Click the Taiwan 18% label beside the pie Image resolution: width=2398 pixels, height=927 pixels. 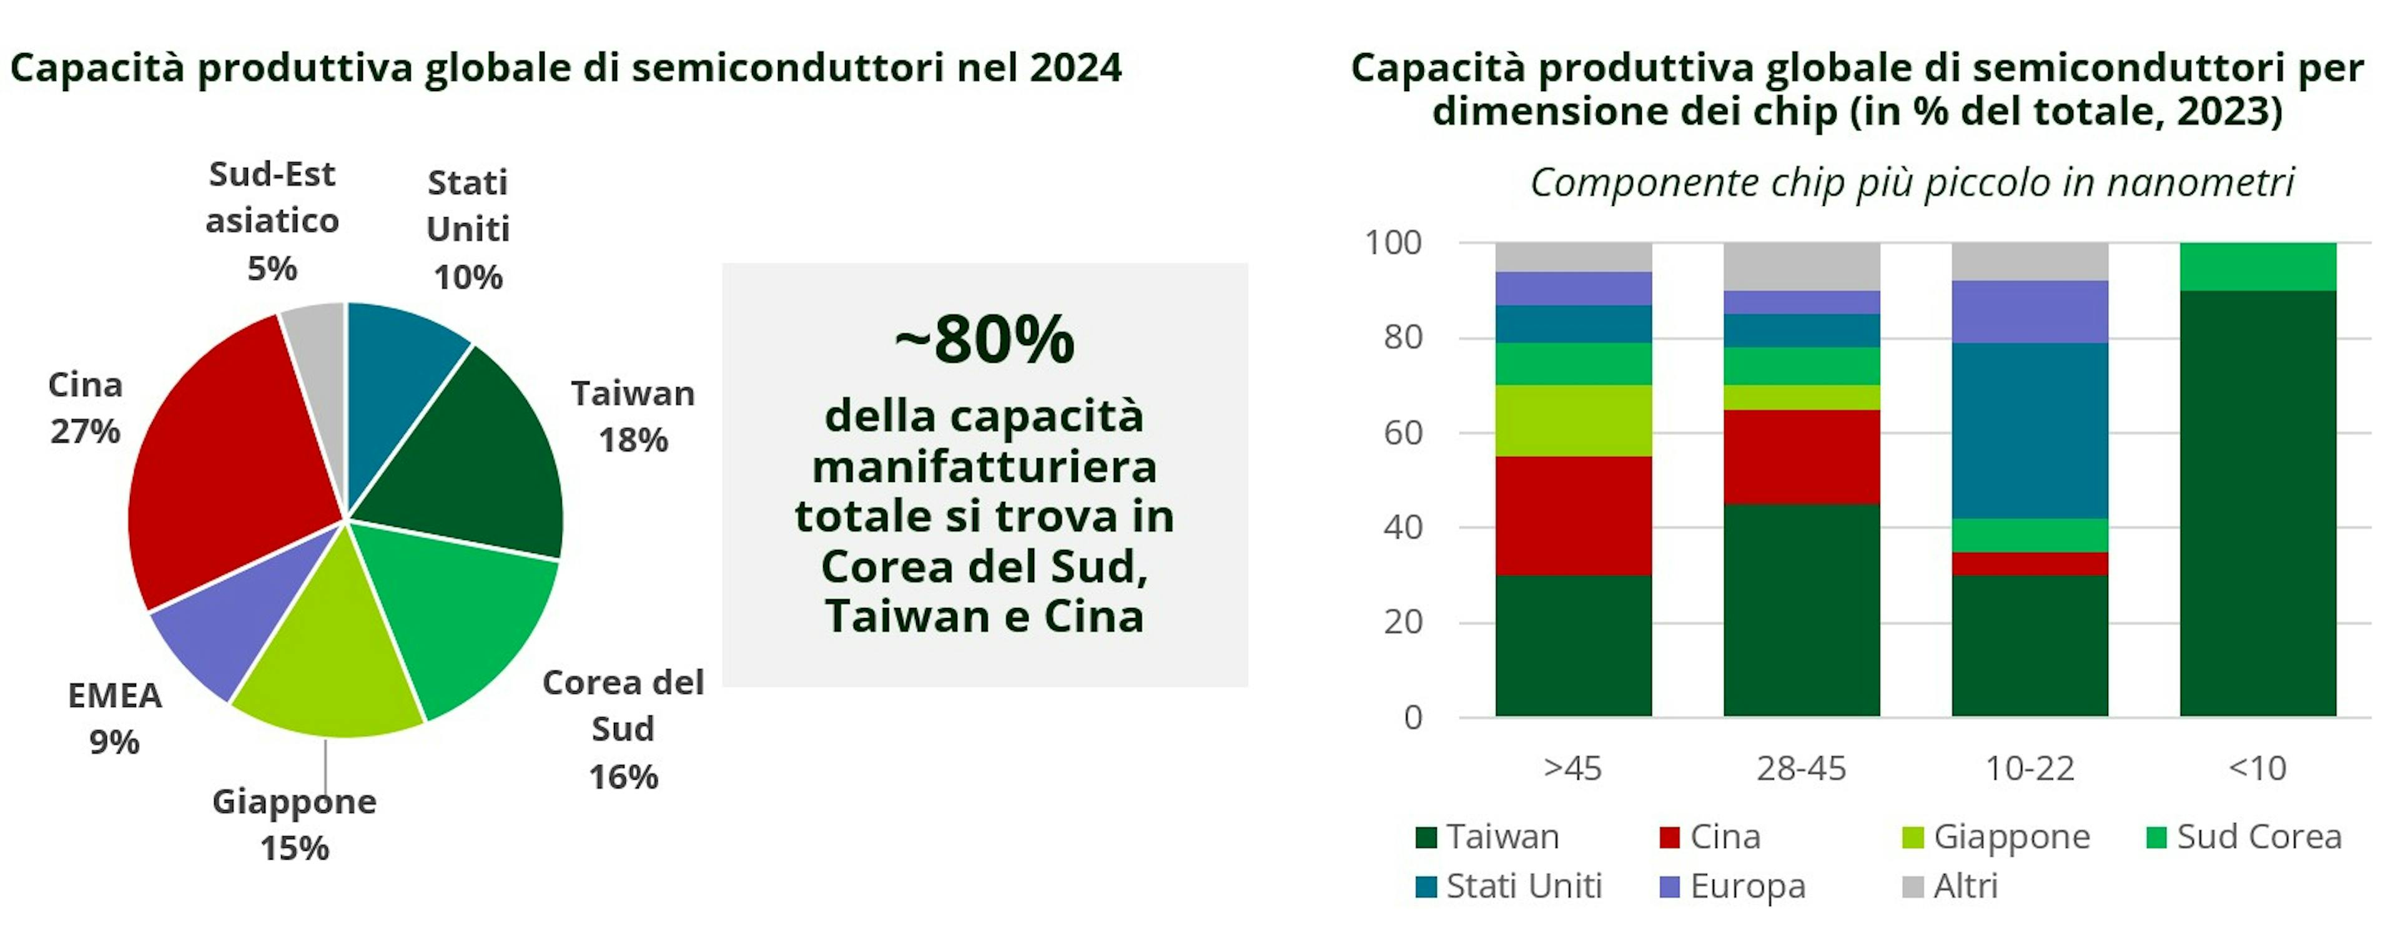click(x=633, y=416)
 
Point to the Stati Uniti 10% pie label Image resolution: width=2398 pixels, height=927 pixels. click(x=467, y=229)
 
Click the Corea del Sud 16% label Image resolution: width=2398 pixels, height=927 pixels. click(x=623, y=728)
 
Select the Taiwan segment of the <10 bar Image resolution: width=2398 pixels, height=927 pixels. click(x=2257, y=503)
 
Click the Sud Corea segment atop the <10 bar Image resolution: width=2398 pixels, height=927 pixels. click(x=2257, y=267)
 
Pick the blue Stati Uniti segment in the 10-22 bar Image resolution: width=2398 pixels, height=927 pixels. click(x=2030, y=430)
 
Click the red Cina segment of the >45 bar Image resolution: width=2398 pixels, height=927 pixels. click(x=1573, y=516)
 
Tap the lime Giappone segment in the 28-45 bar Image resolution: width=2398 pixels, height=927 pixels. click(x=1801, y=398)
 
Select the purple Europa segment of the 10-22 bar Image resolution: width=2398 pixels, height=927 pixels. click(x=2030, y=311)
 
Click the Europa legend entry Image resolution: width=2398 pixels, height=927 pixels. click(x=1732, y=886)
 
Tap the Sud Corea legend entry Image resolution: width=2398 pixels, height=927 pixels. click(x=2244, y=836)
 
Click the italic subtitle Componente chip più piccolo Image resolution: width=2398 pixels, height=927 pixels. click(x=1912, y=182)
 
